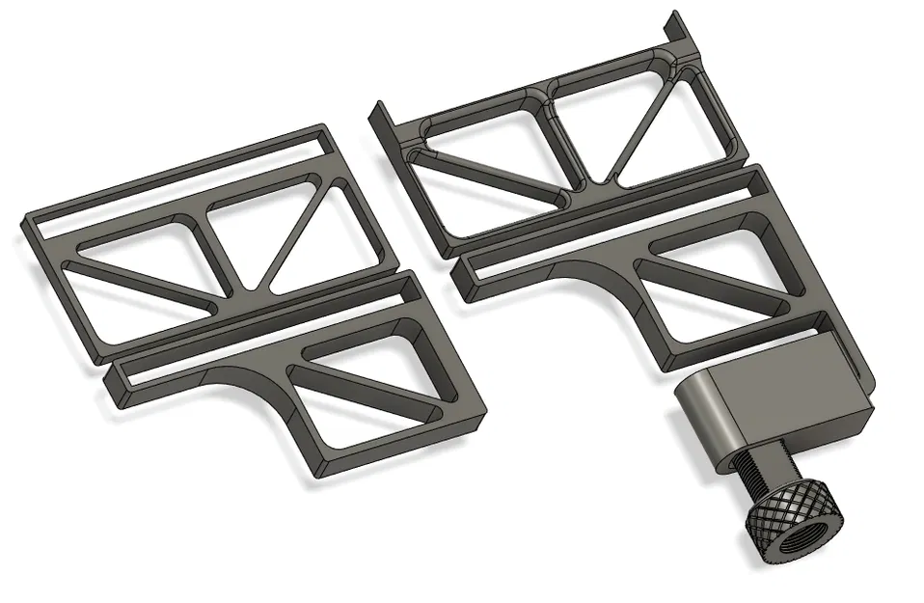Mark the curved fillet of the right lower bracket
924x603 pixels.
(618, 285)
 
